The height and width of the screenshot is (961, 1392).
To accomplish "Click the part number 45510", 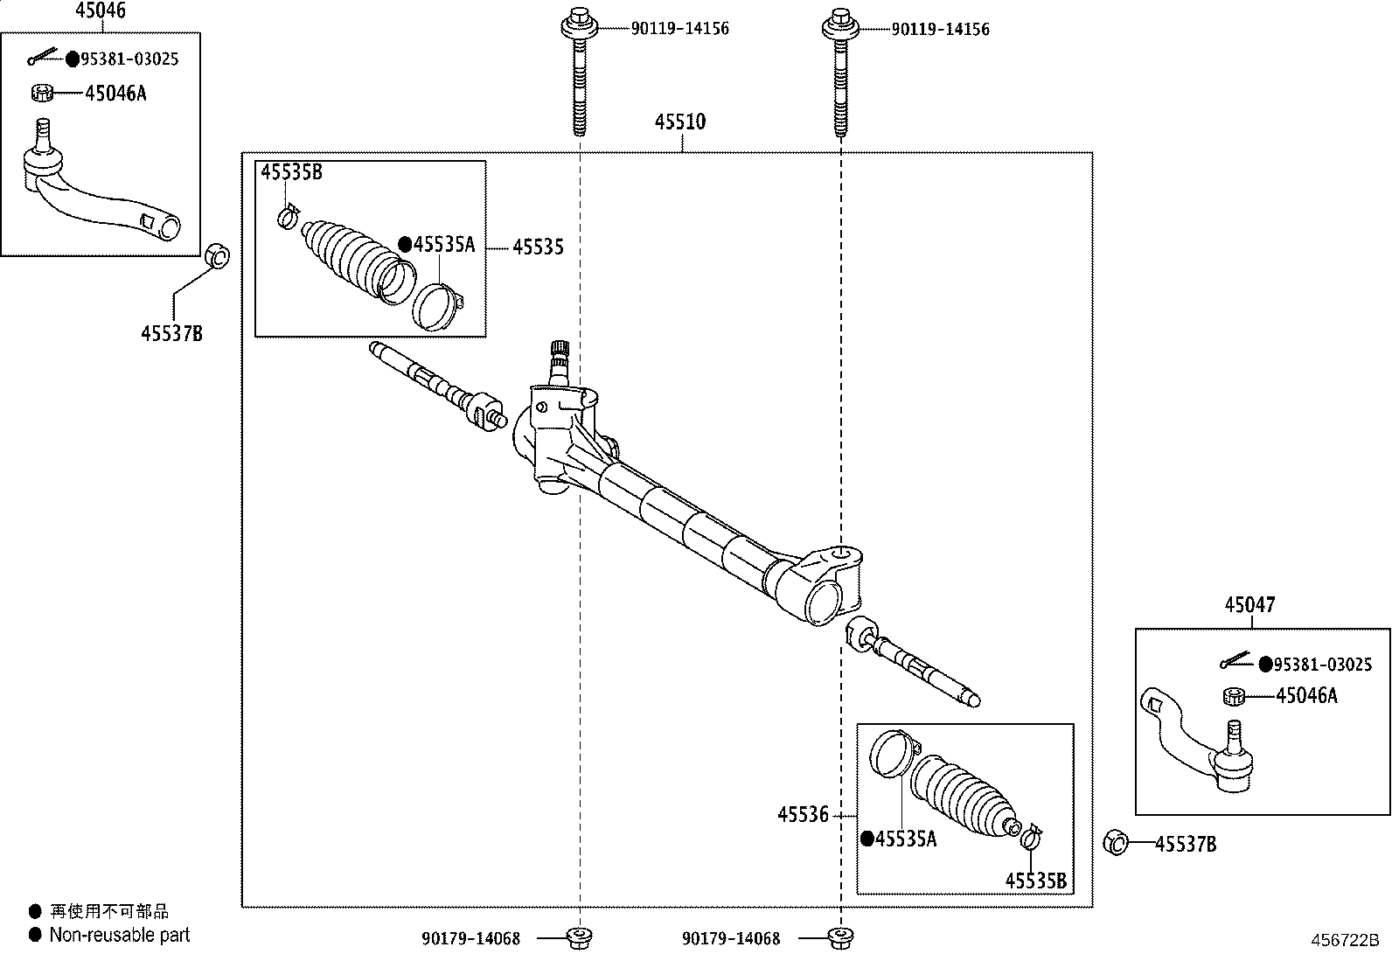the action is (x=680, y=122).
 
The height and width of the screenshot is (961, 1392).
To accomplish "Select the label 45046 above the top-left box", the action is (x=101, y=10).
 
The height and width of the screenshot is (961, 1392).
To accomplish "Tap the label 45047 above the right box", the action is (x=1249, y=605).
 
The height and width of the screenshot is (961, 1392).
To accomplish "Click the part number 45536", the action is (x=803, y=814).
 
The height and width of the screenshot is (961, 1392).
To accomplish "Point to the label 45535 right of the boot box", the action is (x=538, y=247).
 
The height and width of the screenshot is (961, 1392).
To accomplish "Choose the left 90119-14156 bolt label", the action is (x=680, y=29).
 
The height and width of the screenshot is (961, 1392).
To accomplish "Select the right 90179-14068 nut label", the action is (x=731, y=938).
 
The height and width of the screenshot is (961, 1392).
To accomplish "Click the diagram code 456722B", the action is (x=1345, y=941).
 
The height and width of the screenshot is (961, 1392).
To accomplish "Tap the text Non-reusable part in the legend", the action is (x=119, y=935).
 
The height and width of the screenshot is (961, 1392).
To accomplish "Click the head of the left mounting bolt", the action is (x=579, y=24).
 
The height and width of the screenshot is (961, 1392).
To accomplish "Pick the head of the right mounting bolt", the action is (x=840, y=24).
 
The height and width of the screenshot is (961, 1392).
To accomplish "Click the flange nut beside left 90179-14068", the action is (x=580, y=938).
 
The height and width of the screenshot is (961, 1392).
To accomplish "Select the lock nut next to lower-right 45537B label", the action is (x=1116, y=843).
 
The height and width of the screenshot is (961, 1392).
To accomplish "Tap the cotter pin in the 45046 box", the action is (x=42, y=57).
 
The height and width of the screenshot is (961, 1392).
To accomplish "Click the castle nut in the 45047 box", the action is (x=1234, y=696).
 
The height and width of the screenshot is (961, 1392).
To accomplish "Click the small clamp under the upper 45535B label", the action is (x=288, y=216).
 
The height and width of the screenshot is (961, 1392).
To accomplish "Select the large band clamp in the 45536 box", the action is (x=893, y=754).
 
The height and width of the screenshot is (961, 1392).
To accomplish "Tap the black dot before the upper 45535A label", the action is (x=405, y=245).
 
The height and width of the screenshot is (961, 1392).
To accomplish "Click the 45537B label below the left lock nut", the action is (x=171, y=334).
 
